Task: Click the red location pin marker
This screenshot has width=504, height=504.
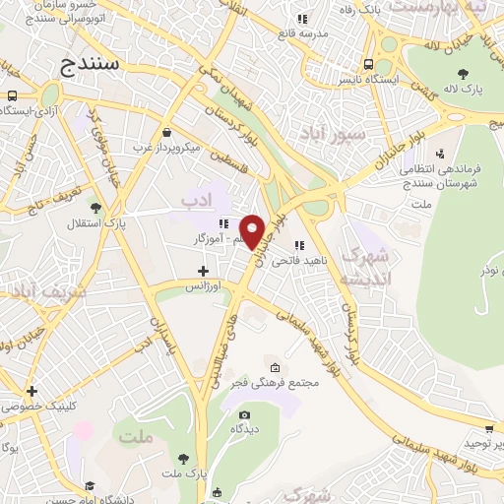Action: pos(253,230)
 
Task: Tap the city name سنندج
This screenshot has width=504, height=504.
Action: pos(95,64)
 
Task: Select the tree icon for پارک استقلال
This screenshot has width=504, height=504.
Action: pos(94,208)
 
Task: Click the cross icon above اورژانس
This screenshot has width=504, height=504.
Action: pos(204,271)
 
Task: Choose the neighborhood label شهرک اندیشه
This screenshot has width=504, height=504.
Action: pos(365,266)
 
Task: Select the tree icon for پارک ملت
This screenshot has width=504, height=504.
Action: pos(183,459)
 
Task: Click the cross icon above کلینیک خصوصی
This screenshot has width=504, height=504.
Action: pos(32,391)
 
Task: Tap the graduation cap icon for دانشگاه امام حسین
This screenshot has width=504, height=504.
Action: pos(90,485)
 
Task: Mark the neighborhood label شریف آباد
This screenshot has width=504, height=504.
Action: pos(30,291)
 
